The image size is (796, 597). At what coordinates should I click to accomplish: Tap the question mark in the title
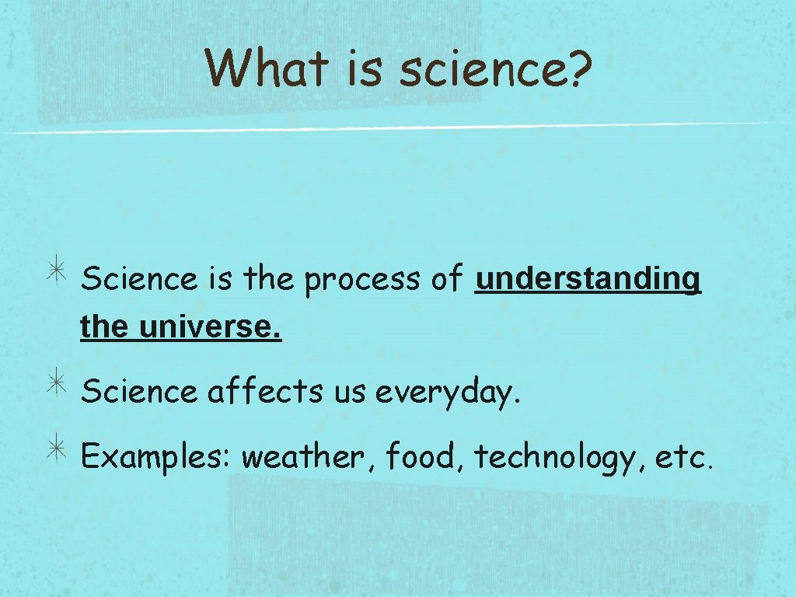click(x=578, y=68)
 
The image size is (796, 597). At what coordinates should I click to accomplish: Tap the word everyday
click(x=447, y=393)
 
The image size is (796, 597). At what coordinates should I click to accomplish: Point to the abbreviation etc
click(x=683, y=457)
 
